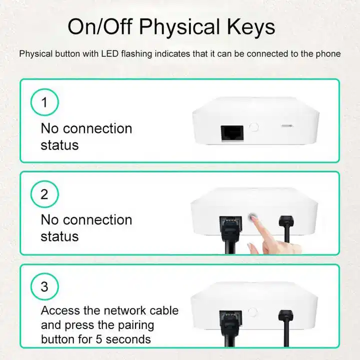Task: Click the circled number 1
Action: [44, 102]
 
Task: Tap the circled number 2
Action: [44, 194]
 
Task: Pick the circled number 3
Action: [44, 287]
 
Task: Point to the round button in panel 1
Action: [254, 127]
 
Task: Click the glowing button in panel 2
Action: [253, 217]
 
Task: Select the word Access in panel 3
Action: [60, 310]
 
